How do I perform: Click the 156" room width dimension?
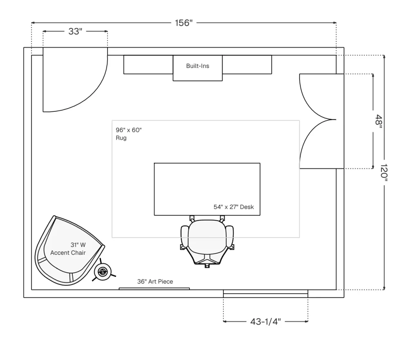click(184, 23)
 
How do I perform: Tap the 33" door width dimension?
click(75, 32)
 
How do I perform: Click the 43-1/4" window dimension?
click(266, 322)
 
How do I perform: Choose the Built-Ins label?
click(198, 66)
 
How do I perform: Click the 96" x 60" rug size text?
click(128, 130)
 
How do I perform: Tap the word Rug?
click(121, 138)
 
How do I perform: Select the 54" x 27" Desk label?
click(234, 207)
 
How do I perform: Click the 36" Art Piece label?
click(155, 281)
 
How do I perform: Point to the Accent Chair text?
click(68, 253)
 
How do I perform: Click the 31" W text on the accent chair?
click(78, 245)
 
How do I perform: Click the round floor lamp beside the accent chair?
click(103, 272)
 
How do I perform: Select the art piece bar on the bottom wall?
click(154, 289)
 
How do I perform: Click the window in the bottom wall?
click(266, 294)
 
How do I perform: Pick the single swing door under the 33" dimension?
click(75, 80)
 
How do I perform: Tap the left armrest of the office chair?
click(185, 237)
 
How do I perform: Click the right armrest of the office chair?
click(230, 237)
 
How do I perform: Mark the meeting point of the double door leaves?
click(336, 120)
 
